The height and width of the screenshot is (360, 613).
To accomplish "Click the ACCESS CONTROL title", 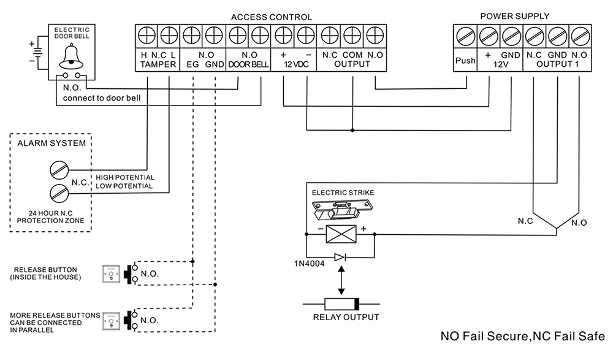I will point(271,17).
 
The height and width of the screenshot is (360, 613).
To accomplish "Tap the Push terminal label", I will point(465,60).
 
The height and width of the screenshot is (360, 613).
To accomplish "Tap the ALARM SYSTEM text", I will point(51,144).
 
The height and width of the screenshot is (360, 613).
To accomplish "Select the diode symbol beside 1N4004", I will point(340,258).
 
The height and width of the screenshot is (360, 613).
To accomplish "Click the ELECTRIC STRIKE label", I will point(343,193).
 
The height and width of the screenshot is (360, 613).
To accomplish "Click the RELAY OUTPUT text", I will point(346,317).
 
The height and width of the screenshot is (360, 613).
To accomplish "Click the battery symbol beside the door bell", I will point(39,53).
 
